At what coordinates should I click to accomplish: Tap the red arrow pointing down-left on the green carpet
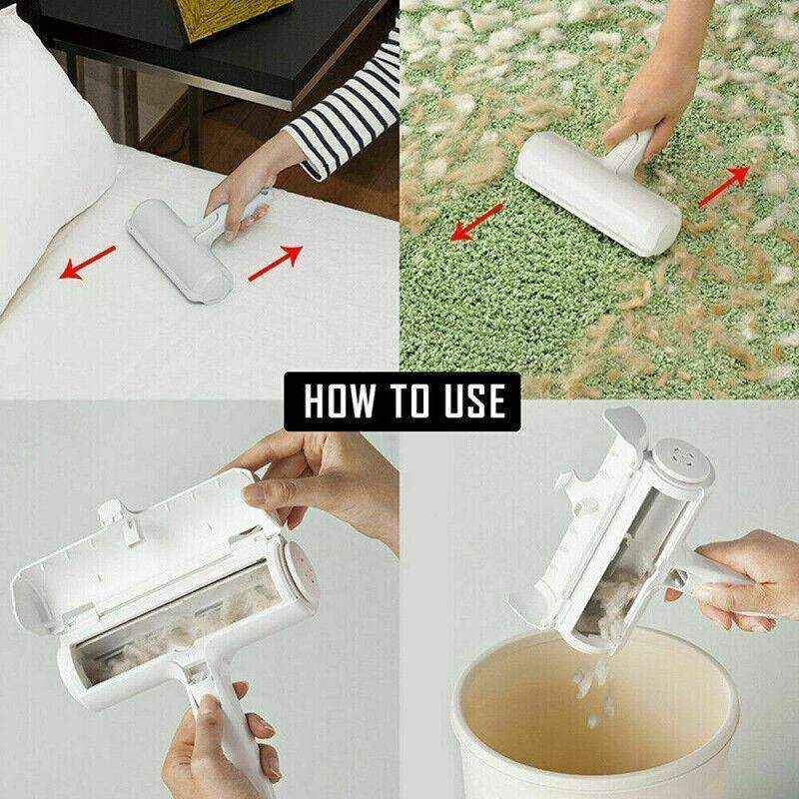click(x=475, y=221)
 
